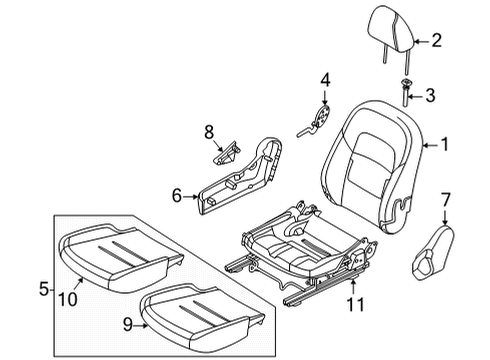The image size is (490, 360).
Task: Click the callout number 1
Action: click(445, 145)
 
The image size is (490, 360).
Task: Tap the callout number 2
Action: click(436, 41)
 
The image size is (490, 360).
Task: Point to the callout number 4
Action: click(325, 80)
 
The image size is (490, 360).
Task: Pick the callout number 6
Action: click(177, 195)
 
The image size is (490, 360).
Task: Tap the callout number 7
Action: click(445, 200)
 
